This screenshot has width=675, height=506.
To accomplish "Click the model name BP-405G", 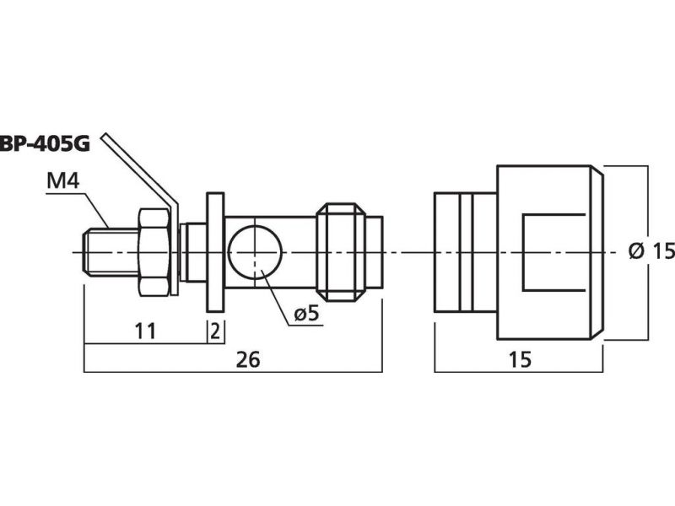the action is [45, 144].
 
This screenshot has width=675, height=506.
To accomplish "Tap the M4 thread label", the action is [62, 181].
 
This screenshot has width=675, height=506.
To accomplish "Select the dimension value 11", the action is [144, 331].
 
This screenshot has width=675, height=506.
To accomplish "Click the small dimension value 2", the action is [215, 331].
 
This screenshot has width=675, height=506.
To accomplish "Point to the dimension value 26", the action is [248, 360].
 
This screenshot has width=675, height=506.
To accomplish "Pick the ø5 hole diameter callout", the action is [307, 314].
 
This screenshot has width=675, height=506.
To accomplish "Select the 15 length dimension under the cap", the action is [520, 360].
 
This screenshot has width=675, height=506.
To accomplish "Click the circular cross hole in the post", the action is [255, 252].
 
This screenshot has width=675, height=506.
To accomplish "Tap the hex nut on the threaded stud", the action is [154, 252].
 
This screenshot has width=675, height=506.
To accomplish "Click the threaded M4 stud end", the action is [111, 252].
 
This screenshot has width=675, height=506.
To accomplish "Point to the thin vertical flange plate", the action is [215, 252].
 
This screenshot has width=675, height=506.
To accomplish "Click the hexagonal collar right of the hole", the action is [341, 252].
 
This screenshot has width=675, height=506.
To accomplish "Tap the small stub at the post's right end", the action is [374, 252].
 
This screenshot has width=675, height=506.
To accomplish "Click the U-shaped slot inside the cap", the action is [554, 252].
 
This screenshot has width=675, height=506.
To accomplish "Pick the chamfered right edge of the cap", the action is [597, 252].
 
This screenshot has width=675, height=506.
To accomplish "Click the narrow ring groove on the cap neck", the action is [466, 252].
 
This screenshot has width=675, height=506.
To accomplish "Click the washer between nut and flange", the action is [183, 252].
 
